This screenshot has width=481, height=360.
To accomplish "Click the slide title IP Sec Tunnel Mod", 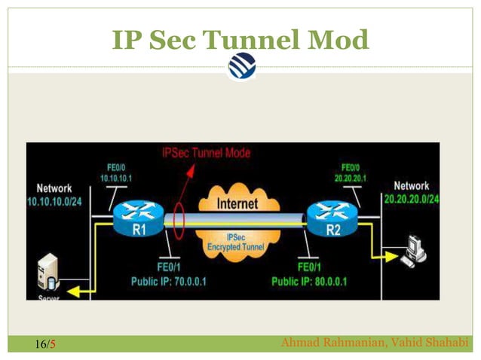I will [x=240, y=39].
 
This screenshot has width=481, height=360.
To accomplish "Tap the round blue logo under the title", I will [x=241, y=66].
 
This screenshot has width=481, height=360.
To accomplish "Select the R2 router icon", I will [x=332, y=220].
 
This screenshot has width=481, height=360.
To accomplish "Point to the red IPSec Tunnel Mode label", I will [x=206, y=153].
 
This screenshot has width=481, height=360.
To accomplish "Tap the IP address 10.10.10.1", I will [x=116, y=178].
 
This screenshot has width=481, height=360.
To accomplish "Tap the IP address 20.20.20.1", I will [x=351, y=178].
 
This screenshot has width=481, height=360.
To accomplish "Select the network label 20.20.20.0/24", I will [x=412, y=199].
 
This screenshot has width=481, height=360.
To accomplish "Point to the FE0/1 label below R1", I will [x=168, y=267].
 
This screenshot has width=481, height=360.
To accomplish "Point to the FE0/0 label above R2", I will [x=351, y=167].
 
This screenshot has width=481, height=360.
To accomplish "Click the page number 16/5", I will [x=45, y=345].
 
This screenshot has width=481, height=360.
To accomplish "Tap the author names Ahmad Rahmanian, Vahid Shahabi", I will [x=374, y=344].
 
